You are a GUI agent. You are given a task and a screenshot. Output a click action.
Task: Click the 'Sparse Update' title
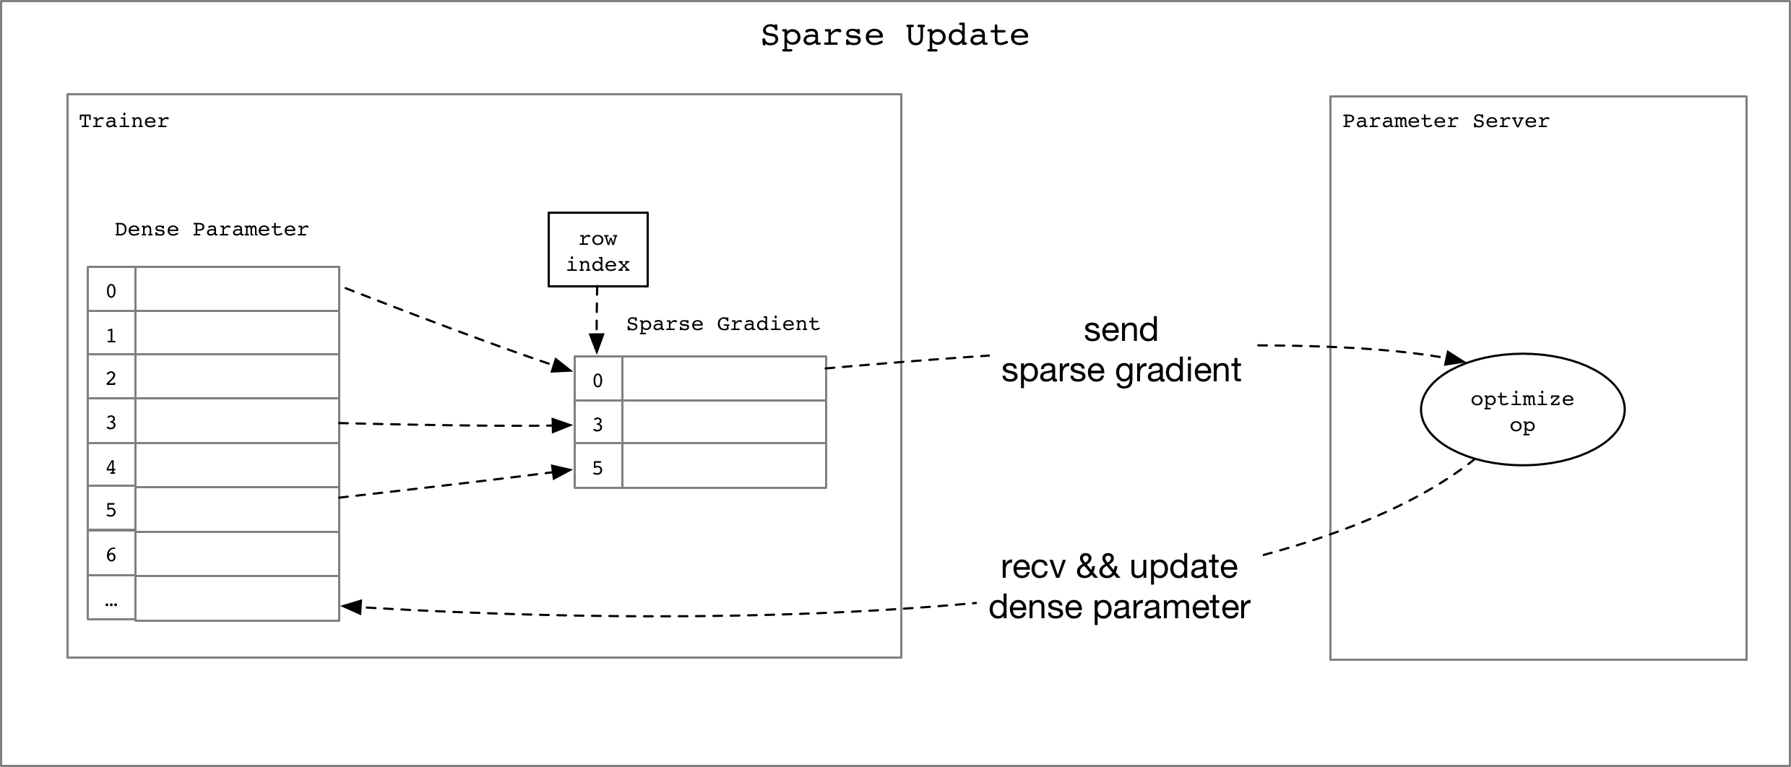[894, 35]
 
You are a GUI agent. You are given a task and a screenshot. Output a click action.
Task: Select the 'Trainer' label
[124, 121]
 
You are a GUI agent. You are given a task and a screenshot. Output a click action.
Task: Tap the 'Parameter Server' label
[1445, 121]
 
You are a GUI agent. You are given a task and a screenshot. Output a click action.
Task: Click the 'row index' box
[597, 250]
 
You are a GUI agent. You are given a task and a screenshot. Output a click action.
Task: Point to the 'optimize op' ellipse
[1522, 410]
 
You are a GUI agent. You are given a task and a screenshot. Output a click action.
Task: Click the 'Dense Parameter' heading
[211, 230]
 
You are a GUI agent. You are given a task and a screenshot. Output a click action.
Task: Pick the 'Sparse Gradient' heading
[722, 324]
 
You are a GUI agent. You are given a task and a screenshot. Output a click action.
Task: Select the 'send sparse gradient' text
[1121, 350]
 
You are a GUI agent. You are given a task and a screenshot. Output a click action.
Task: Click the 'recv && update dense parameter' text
[1119, 586]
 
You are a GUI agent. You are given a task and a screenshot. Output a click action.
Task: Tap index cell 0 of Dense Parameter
[111, 290]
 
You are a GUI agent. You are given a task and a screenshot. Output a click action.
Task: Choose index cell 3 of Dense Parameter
[111, 422]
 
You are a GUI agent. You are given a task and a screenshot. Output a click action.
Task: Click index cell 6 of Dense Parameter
[111, 555]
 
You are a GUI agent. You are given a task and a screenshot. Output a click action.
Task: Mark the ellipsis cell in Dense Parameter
[111, 599]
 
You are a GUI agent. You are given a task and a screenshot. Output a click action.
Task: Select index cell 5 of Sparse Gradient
[597, 468]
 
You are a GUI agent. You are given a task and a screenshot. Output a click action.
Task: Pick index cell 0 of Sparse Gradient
[597, 380]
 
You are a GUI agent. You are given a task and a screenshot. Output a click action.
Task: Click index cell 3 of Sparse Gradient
[597, 424]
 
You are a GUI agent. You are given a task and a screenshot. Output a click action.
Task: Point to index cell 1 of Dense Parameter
[111, 334]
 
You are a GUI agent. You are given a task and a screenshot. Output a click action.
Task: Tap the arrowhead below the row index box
[596, 344]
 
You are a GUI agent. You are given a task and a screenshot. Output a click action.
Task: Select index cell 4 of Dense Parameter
[111, 467]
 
